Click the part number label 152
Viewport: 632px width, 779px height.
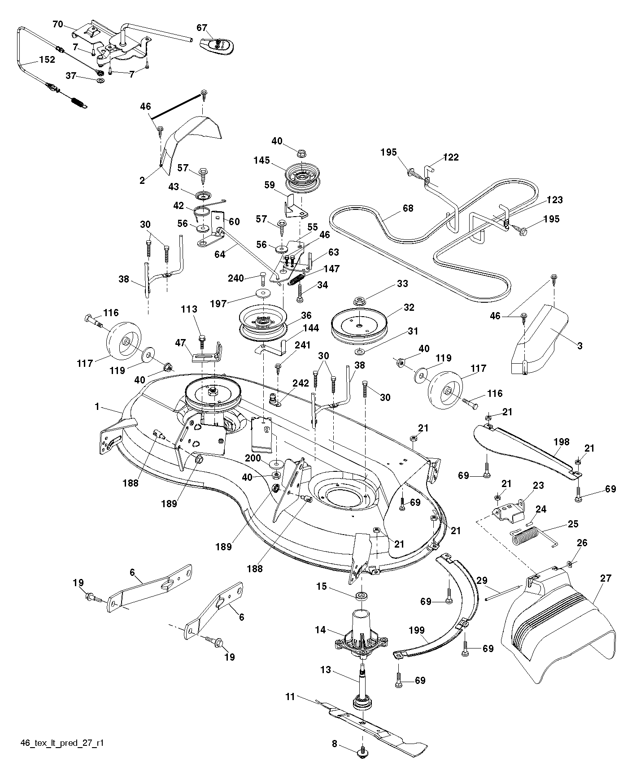pyautogui.click(x=47, y=60)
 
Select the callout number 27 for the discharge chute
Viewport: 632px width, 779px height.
pyautogui.click(x=606, y=578)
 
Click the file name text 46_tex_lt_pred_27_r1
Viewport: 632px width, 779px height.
pyautogui.click(x=62, y=743)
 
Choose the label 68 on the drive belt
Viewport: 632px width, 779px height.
pyautogui.click(x=408, y=208)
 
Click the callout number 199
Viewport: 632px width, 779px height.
pyautogui.click(x=417, y=631)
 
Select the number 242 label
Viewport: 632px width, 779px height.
pyautogui.click(x=301, y=383)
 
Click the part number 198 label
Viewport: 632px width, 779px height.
pyautogui.click(x=561, y=442)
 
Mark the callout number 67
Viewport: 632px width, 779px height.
pyautogui.click(x=202, y=28)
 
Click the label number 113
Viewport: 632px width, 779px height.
pyautogui.click(x=189, y=309)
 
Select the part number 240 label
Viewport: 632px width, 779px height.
pyautogui.click(x=235, y=278)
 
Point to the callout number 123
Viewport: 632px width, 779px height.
pyautogui.click(x=554, y=200)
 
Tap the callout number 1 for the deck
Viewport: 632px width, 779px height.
pyautogui.click(x=97, y=406)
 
